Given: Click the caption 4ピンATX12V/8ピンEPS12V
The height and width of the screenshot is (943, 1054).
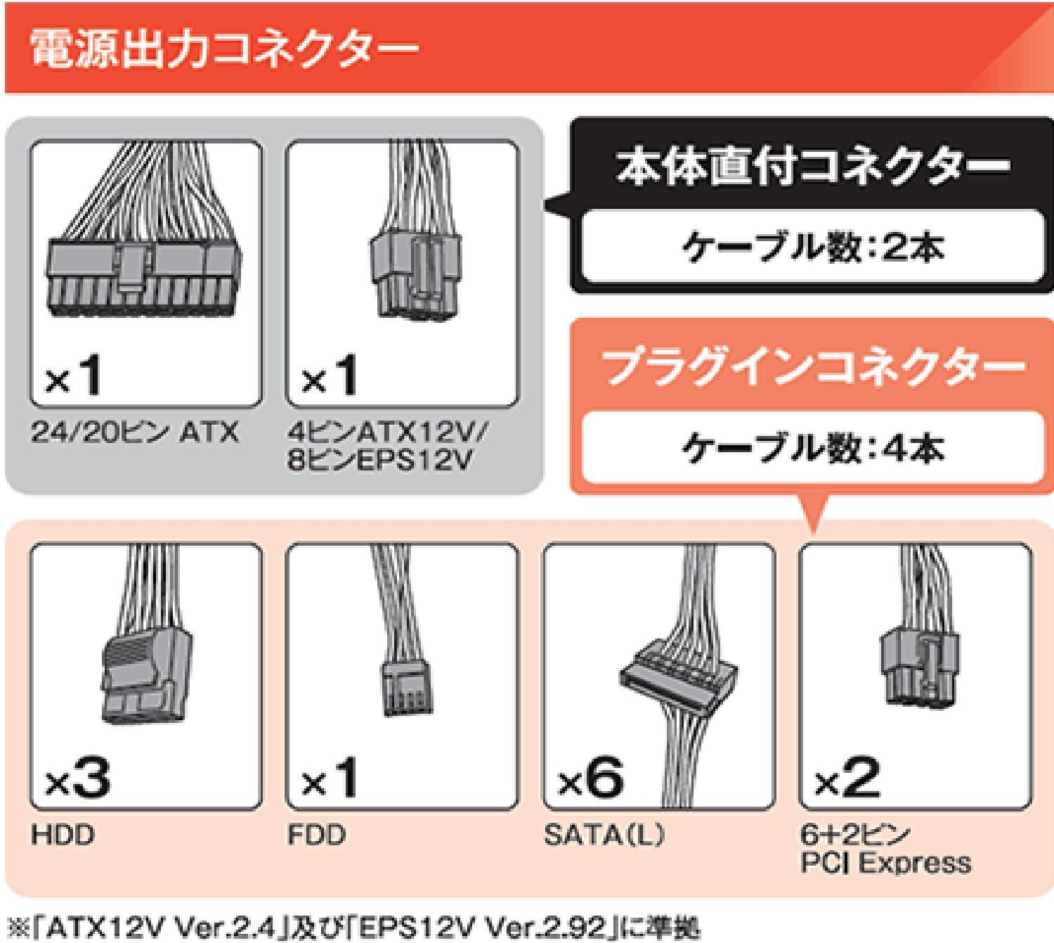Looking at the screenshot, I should [386, 446].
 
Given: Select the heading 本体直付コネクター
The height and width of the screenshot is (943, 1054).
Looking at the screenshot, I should [812, 167].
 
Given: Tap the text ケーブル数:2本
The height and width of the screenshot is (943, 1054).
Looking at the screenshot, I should [812, 248].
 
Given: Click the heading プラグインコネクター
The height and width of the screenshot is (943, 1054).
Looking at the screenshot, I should [812, 366].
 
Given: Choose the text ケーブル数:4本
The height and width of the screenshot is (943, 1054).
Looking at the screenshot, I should [812, 448].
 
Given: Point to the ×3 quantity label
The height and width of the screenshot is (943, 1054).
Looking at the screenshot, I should [77, 779].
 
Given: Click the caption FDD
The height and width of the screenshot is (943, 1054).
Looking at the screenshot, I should [316, 835].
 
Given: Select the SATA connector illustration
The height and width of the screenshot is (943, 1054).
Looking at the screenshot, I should [678, 675].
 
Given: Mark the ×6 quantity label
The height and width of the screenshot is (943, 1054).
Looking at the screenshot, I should [590, 779].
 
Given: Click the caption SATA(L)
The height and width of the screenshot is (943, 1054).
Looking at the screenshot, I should [604, 835].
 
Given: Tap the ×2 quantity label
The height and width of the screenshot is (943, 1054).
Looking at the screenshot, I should [847, 779].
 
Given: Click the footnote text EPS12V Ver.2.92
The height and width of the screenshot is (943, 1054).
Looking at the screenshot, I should [485, 929].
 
